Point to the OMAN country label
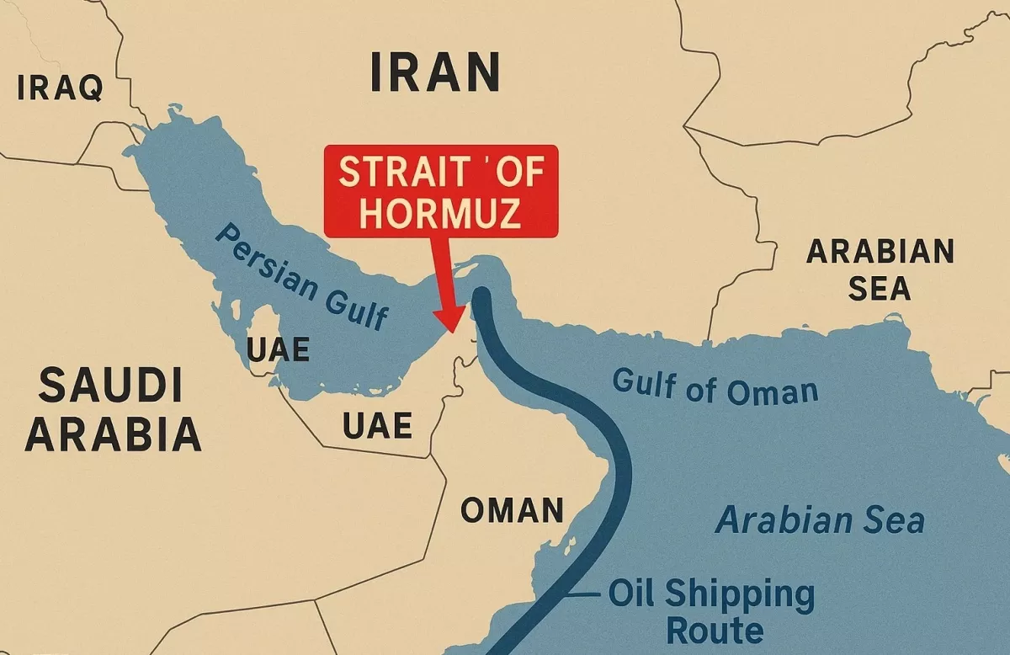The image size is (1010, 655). (x=512, y=510)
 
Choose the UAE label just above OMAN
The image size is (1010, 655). (x=378, y=426)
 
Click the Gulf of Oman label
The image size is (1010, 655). (x=715, y=389)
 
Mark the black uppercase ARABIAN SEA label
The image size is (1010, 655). (x=880, y=269)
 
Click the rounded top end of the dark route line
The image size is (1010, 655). (x=481, y=296)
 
